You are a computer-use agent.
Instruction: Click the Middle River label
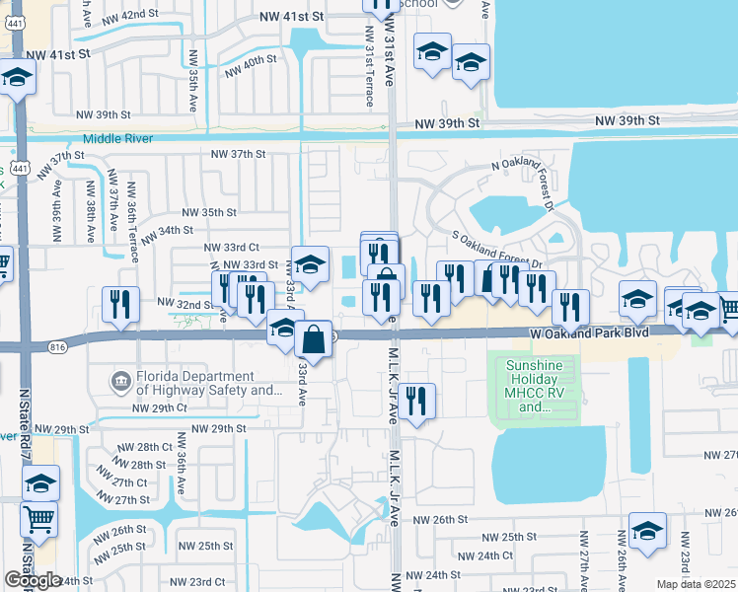(x=118, y=139)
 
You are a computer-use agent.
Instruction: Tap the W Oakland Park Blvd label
(x=589, y=334)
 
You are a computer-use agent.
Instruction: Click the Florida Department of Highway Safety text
(x=210, y=383)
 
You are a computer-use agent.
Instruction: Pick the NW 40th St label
(x=251, y=65)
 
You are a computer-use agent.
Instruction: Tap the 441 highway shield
(x=19, y=169)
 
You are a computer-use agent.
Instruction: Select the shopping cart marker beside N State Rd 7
(x=38, y=517)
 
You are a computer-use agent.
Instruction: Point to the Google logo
(x=33, y=580)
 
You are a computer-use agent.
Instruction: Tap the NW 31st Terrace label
(x=368, y=63)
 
